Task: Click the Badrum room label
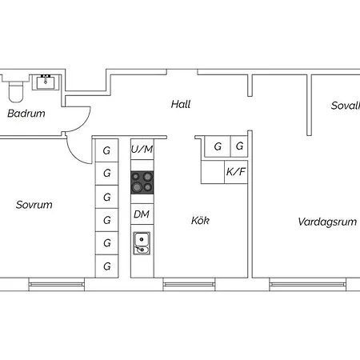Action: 26,114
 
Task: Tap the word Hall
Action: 181,104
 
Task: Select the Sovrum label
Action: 34,205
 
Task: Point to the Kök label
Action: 200,220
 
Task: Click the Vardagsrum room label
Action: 326,222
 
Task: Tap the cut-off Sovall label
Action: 345,106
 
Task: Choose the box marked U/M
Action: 142,149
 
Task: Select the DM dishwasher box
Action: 142,214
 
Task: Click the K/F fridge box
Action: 236,171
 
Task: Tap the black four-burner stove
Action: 142,182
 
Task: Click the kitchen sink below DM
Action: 142,242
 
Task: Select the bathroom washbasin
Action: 46,81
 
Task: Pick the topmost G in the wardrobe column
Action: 106,149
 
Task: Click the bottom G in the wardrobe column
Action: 106,266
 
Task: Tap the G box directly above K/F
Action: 238,147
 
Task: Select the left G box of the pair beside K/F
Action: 216,147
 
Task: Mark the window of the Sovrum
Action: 56,282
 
